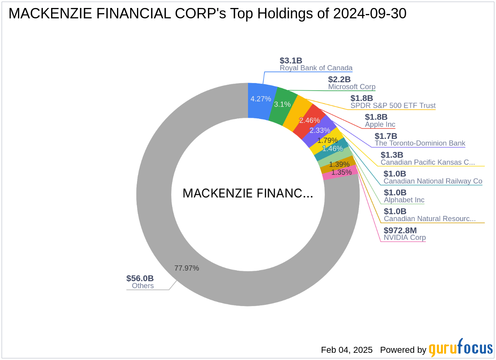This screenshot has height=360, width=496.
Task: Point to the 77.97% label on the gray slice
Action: [x=186, y=268]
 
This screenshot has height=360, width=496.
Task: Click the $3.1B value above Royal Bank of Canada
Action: [x=291, y=61]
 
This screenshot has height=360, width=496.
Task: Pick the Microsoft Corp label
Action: [x=351, y=87]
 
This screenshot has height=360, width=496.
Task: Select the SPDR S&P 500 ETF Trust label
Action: [x=393, y=106]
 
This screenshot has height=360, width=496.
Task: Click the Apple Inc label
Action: [x=380, y=125]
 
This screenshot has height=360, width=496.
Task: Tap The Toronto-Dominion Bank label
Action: [x=420, y=143]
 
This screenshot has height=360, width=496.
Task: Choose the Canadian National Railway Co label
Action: [x=433, y=181]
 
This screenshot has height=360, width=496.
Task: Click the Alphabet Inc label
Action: [x=404, y=200]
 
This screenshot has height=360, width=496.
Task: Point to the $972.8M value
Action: [x=400, y=230]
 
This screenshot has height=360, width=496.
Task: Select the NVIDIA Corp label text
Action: [x=405, y=237]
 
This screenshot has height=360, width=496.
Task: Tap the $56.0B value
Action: [x=140, y=278]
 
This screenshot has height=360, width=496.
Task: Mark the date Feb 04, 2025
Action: [x=347, y=350]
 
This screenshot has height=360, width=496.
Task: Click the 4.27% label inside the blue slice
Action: [x=261, y=99]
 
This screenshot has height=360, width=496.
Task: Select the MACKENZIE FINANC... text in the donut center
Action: [x=248, y=194]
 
